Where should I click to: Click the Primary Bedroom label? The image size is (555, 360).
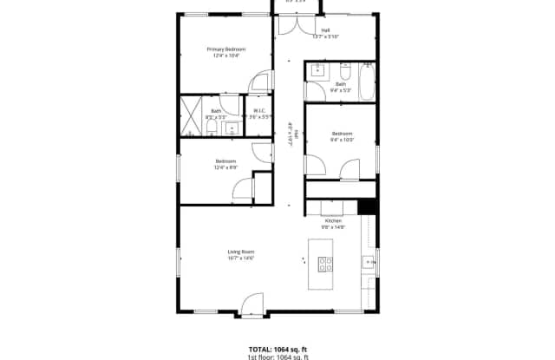pos(226,49)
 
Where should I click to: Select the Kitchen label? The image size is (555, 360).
pos(334,221)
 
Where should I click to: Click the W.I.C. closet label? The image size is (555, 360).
pos(259,110)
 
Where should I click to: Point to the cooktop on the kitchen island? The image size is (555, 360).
pos(326,265)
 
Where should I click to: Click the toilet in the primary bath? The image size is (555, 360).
pos(212,129)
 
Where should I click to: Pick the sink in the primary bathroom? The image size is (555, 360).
pos(231,129)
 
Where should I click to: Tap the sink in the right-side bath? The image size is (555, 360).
pos(314,71)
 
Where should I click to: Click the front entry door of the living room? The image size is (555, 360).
pos(251,305)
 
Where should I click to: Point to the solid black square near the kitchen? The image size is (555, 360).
pos(367,206)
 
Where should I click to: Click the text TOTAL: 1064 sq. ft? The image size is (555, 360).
pos(277,348)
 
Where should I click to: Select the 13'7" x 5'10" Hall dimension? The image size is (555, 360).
pos(325,37)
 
